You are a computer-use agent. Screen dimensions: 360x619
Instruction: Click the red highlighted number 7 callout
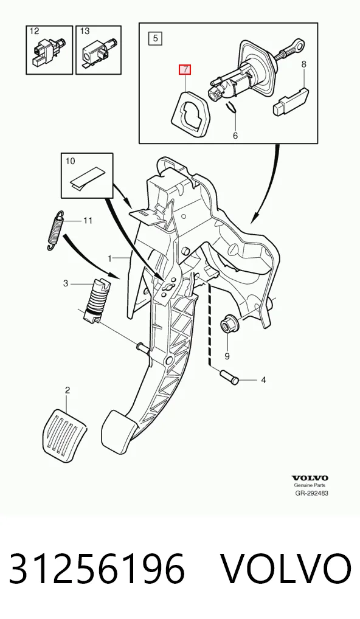point(185,70)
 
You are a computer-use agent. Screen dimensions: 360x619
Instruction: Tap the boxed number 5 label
point(155,38)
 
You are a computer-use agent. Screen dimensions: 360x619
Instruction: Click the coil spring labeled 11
point(55,230)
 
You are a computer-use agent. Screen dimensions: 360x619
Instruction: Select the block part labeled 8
point(291,101)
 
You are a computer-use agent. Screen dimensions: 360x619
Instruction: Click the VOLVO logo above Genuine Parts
point(310,478)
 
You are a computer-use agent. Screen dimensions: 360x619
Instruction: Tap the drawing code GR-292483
point(311,493)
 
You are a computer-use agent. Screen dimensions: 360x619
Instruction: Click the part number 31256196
point(97,569)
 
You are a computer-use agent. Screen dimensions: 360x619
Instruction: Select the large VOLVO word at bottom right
point(285,569)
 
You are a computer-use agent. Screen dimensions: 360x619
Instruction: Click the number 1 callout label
point(111,258)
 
